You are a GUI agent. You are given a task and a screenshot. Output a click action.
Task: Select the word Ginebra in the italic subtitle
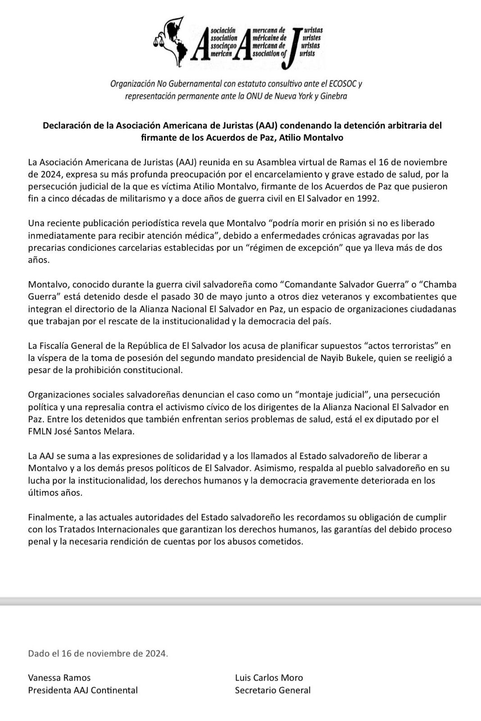pos(333,96)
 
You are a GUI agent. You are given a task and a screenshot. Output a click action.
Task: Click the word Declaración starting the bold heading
pos(66,126)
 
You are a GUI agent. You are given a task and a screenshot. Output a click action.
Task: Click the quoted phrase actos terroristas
pos(401,346)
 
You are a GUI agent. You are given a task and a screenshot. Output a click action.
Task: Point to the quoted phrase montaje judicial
pos(332,394)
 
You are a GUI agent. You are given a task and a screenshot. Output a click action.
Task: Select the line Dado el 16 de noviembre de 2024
pos(98,653)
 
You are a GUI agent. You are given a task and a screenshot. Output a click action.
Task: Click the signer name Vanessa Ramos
pos(59,677)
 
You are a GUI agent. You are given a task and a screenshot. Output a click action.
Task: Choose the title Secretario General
pos(272,689)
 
